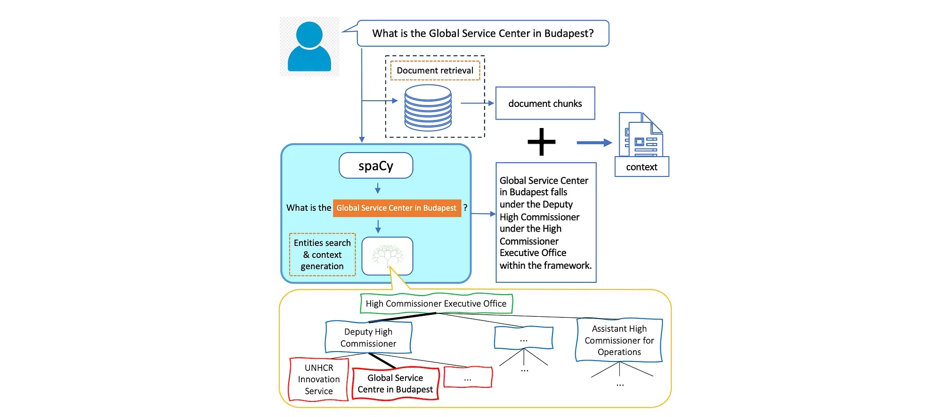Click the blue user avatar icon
click(x=309, y=47)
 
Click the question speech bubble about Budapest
click(x=483, y=33)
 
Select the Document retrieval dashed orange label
click(x=435, y=71)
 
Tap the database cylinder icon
click(x=428, y=107)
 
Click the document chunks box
click(x=545, y=104)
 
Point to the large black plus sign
click(x=542, y=142)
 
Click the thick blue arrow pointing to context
click(x=594, y=143)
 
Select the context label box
click(x=642, y=167)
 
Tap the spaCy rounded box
click(x=376, y=166)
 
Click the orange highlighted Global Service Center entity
click(x=397, y=208)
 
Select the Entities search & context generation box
click(x=322, y=255)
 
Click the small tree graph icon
click(x=387, y=256)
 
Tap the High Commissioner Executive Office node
click(x=436, y=304)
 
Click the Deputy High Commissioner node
click(x=368, y=337)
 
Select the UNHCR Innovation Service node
click(x=319, y=379)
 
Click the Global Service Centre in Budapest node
click(x=395, y=384)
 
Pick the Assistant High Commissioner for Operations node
click(x=619, y=340)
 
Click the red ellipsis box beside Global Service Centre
click(x=468, y=378)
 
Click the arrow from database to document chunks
click(x=477, y=103)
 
